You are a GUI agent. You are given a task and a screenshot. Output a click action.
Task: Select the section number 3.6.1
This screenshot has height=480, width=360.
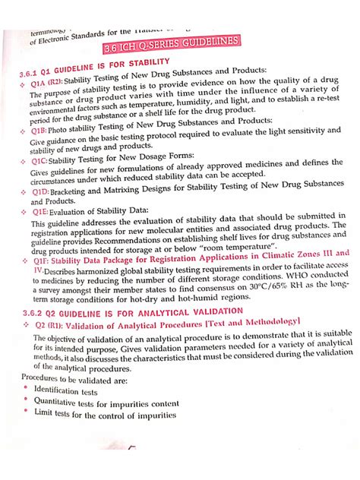[33, 74]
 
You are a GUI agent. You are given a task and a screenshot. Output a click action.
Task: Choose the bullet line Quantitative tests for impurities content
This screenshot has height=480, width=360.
[97, 403]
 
